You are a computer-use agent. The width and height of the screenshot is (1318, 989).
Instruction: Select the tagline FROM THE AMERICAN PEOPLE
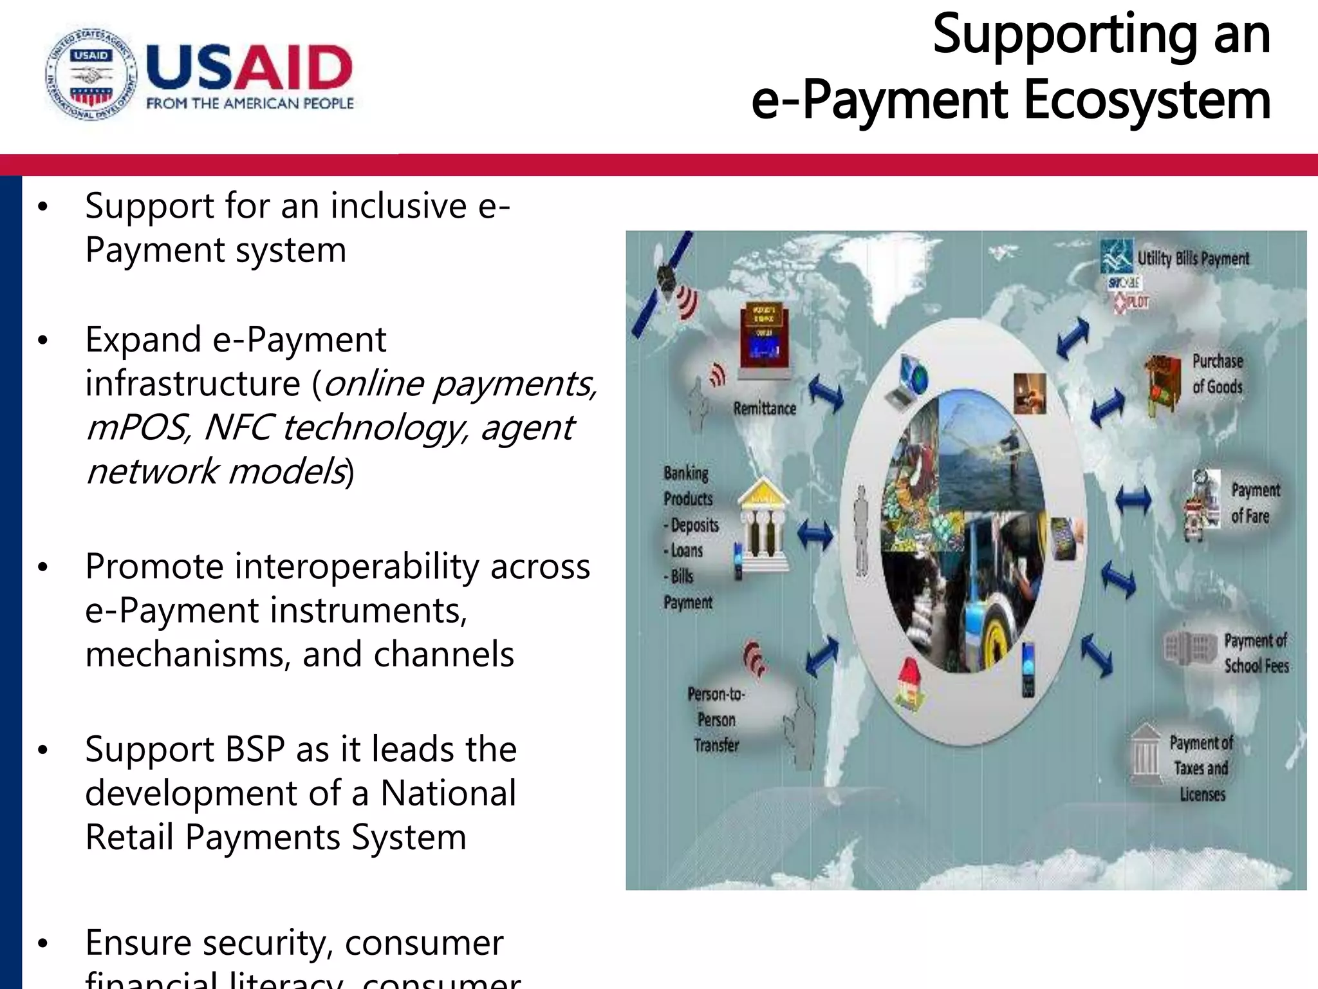(250, 104)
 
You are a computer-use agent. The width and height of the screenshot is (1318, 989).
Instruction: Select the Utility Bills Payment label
(1193, 259)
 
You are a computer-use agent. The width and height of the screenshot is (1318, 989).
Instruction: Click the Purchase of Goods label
(1217, 374)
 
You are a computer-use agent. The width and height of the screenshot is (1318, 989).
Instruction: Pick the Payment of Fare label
(1254, 503)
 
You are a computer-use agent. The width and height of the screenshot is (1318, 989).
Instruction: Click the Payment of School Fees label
(1256, 653)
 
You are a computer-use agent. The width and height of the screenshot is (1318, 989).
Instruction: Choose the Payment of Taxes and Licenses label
(1202, 768)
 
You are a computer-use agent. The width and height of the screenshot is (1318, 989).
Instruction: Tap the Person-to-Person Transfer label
(716, 719)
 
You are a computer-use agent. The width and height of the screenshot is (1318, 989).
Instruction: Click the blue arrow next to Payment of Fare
(1133, 499)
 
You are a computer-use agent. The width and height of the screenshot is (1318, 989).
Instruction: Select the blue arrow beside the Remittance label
(826, 392)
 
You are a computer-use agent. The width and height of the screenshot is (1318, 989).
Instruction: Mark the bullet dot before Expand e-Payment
(43, 340)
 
